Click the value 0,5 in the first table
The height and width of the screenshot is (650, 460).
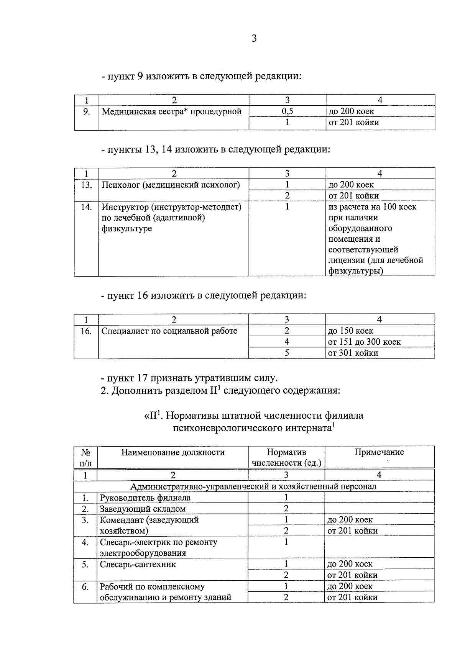[287, 111]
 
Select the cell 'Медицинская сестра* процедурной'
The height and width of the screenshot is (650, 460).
[172, 111]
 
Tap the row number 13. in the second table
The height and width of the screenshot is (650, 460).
[87, 185]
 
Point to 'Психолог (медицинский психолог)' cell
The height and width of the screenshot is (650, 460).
[171, 185]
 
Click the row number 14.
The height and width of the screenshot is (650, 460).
[87, 207]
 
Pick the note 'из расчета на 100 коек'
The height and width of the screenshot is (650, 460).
[372, 207]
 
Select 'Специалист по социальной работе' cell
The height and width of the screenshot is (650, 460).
[169, 331]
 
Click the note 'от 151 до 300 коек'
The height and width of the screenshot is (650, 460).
[364, 342]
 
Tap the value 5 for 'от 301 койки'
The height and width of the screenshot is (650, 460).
[286, 353]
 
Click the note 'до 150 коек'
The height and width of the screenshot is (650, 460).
[350, 331]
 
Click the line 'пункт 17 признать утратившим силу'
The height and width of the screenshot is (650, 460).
[189, 378]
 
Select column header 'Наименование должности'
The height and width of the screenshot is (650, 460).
[173, 452]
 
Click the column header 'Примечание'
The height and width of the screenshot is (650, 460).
[379, 452]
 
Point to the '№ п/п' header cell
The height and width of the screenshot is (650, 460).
[85, 457]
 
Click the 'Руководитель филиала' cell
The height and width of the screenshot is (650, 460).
[145, 498]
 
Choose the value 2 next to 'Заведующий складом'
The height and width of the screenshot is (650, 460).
[286, 509]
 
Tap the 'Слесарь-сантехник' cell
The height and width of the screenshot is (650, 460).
[138, 564]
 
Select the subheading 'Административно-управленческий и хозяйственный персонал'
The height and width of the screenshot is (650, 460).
[253, 486]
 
